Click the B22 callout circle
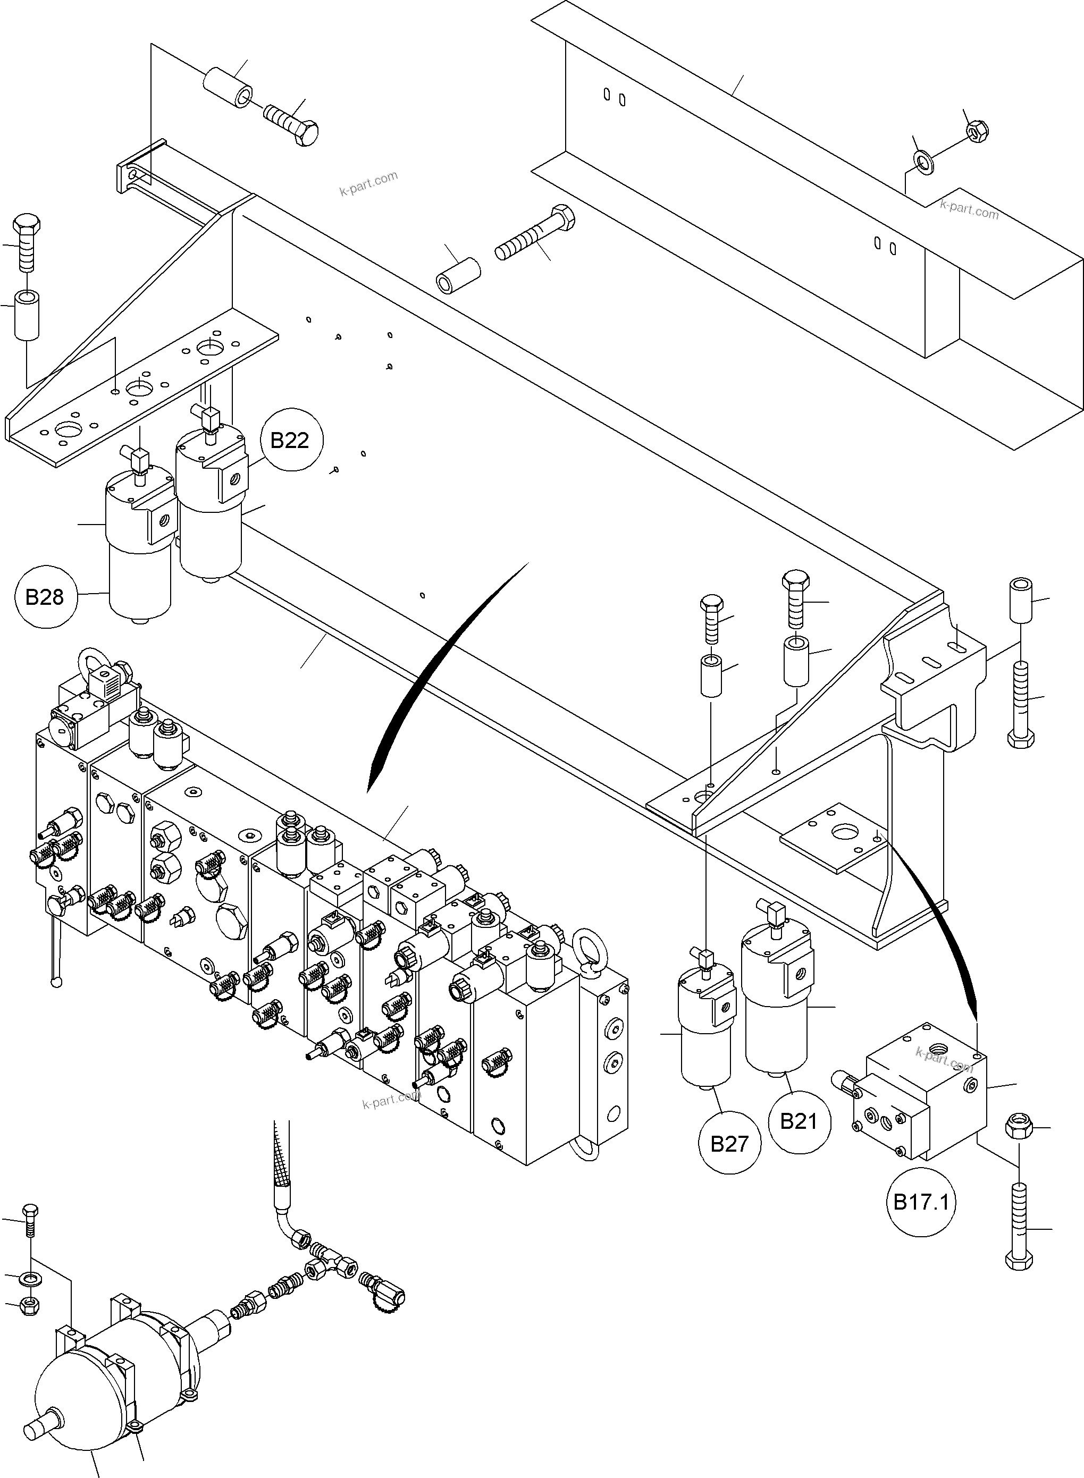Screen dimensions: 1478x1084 click(289, 440)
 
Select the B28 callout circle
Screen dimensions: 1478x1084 click(45, 597)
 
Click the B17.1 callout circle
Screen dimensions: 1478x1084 click(921, 1203)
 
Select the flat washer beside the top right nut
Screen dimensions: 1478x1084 click(925, 161)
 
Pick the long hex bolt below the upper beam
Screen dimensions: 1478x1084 click(535, 233)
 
